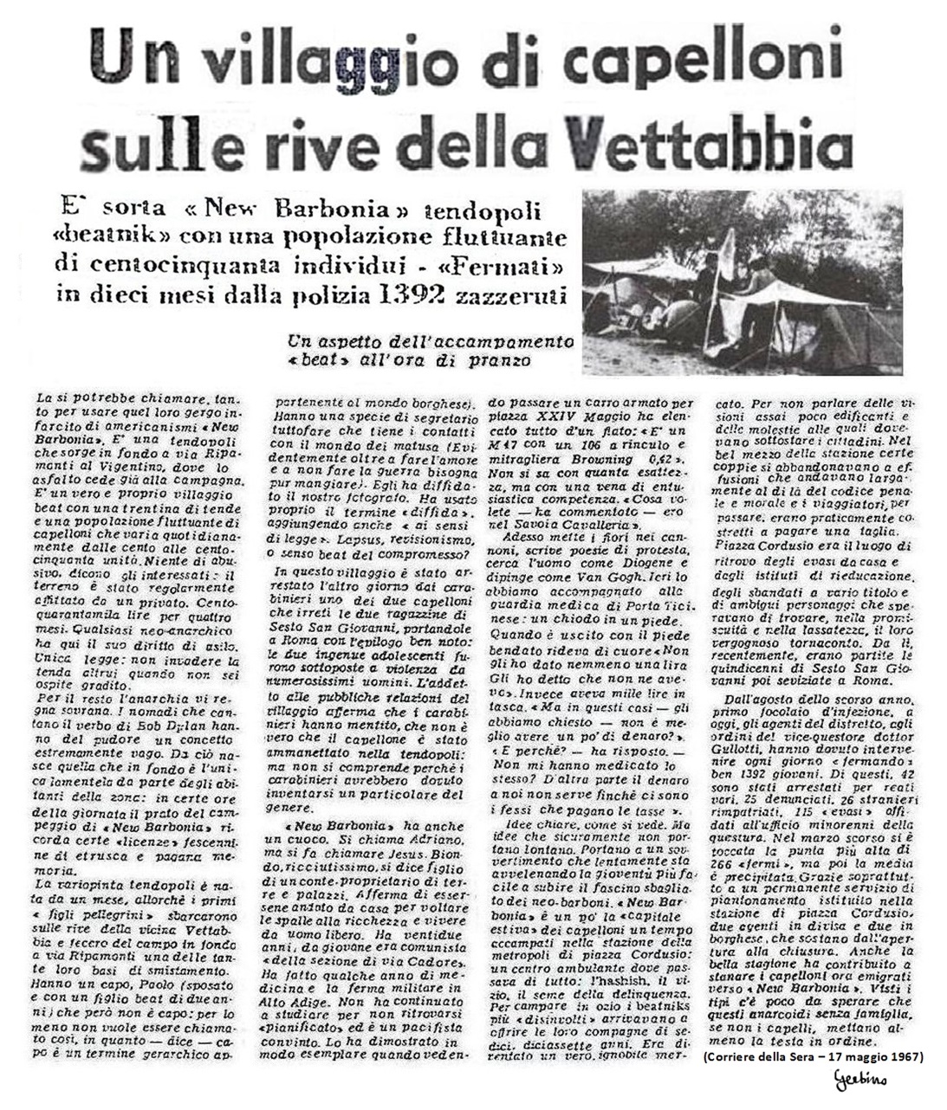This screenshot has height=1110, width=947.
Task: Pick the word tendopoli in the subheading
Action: coord(494,210)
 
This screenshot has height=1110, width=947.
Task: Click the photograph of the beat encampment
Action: coord(742,282)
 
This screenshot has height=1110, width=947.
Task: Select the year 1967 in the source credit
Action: coord(904,1056)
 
